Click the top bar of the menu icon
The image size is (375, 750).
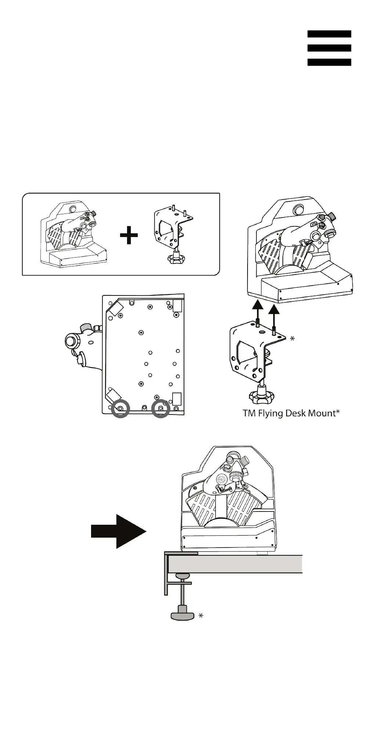pyautogui.click(x=329, y=34)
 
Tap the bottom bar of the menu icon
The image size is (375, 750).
pyautogui.click(x=329, y=62)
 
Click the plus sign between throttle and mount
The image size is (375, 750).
pyautogui.click(x=129, y=236)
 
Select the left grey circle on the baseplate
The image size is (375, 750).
pyautogui.click(x=120, y=408)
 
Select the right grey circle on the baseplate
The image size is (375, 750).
pyautogui.click(x=161, y=408)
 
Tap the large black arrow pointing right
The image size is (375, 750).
pyautogui.click(x=118, y=531)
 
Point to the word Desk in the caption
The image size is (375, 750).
pyautogui.click(x=296, y=413)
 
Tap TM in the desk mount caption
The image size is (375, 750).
pyautogui.click(x=249, y=413)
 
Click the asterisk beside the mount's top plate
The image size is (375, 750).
pyautogui.click(x=292, y=338)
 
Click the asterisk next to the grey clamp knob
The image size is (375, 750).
pyautogui.click(x=201, y=616)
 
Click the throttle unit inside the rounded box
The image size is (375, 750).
pyautogui.click(x=73, y=235)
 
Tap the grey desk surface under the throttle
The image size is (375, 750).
pyautogui.click(x=235, y=564)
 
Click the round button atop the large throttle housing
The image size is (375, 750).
pyautogui.click(x=297, y=210)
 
